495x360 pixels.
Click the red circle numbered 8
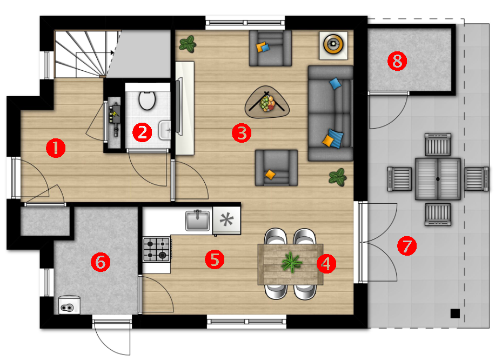(397, 61)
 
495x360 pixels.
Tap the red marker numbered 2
(142, 132)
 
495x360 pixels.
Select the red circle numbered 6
(101, 262)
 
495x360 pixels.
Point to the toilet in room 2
(147, 100)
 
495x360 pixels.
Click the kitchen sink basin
(198, 220)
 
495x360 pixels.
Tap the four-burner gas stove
(157, 250)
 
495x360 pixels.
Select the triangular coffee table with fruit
(267, 102)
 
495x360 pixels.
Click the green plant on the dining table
(291, 262)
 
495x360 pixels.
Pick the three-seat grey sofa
(331, 113)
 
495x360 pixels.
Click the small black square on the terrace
(455, 314)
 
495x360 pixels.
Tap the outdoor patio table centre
(438, 179)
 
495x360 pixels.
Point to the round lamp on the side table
(333, 44)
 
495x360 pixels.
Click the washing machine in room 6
(69, 305)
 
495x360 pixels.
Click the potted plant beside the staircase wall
(188, 44)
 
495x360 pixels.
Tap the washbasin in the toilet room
(165, 130)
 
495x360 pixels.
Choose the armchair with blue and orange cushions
(270, 48)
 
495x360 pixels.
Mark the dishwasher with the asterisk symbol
(226, 220)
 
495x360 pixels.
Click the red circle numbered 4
(326, 263)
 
